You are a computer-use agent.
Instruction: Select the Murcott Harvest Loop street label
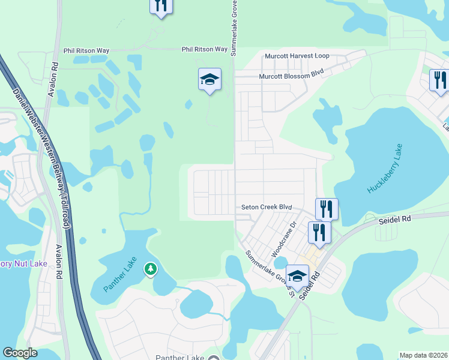[298, 56]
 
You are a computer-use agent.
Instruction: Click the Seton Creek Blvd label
[267, 207]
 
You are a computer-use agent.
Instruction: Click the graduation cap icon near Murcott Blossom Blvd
[209, 79]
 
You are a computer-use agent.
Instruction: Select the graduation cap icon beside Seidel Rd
[297, 276]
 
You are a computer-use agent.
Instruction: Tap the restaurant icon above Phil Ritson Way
[161, 5]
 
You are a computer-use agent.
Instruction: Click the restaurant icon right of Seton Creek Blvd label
[327, 209]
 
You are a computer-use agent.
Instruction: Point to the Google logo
[20, 353]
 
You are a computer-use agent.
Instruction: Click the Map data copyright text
[423, 355]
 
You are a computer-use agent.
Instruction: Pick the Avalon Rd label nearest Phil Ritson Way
[55, 72]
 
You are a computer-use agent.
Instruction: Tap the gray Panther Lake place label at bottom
[180, 358]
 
